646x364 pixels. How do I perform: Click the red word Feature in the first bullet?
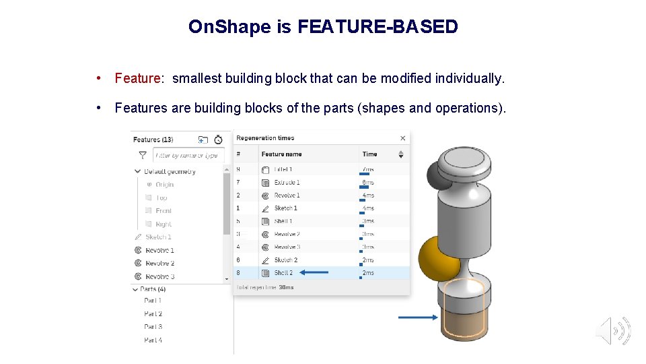point(137,79)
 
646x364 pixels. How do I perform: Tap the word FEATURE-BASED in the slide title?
point(378,27)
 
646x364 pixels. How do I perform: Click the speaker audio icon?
point(613,331)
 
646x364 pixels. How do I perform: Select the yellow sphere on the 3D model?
point(436,257)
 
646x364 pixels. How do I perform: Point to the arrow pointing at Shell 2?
point(314,272)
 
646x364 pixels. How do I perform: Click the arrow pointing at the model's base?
point(417,317)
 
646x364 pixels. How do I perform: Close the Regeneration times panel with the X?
point(403,138)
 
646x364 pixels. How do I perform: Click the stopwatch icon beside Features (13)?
point(218,140)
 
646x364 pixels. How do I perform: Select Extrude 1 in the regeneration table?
point(287,183)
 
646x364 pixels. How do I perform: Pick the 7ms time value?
point(367,170)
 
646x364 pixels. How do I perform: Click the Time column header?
point(370,154)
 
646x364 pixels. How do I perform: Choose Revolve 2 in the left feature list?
point(159,264)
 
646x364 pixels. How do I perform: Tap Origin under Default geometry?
point(164,185)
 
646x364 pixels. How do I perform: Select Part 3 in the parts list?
point(153,327)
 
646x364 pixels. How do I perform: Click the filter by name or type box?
point(187,155)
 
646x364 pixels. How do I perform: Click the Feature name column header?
point(281,154)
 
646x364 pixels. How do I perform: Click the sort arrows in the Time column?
point(401,154)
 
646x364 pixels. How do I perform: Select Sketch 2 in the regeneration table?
point(285,260)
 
